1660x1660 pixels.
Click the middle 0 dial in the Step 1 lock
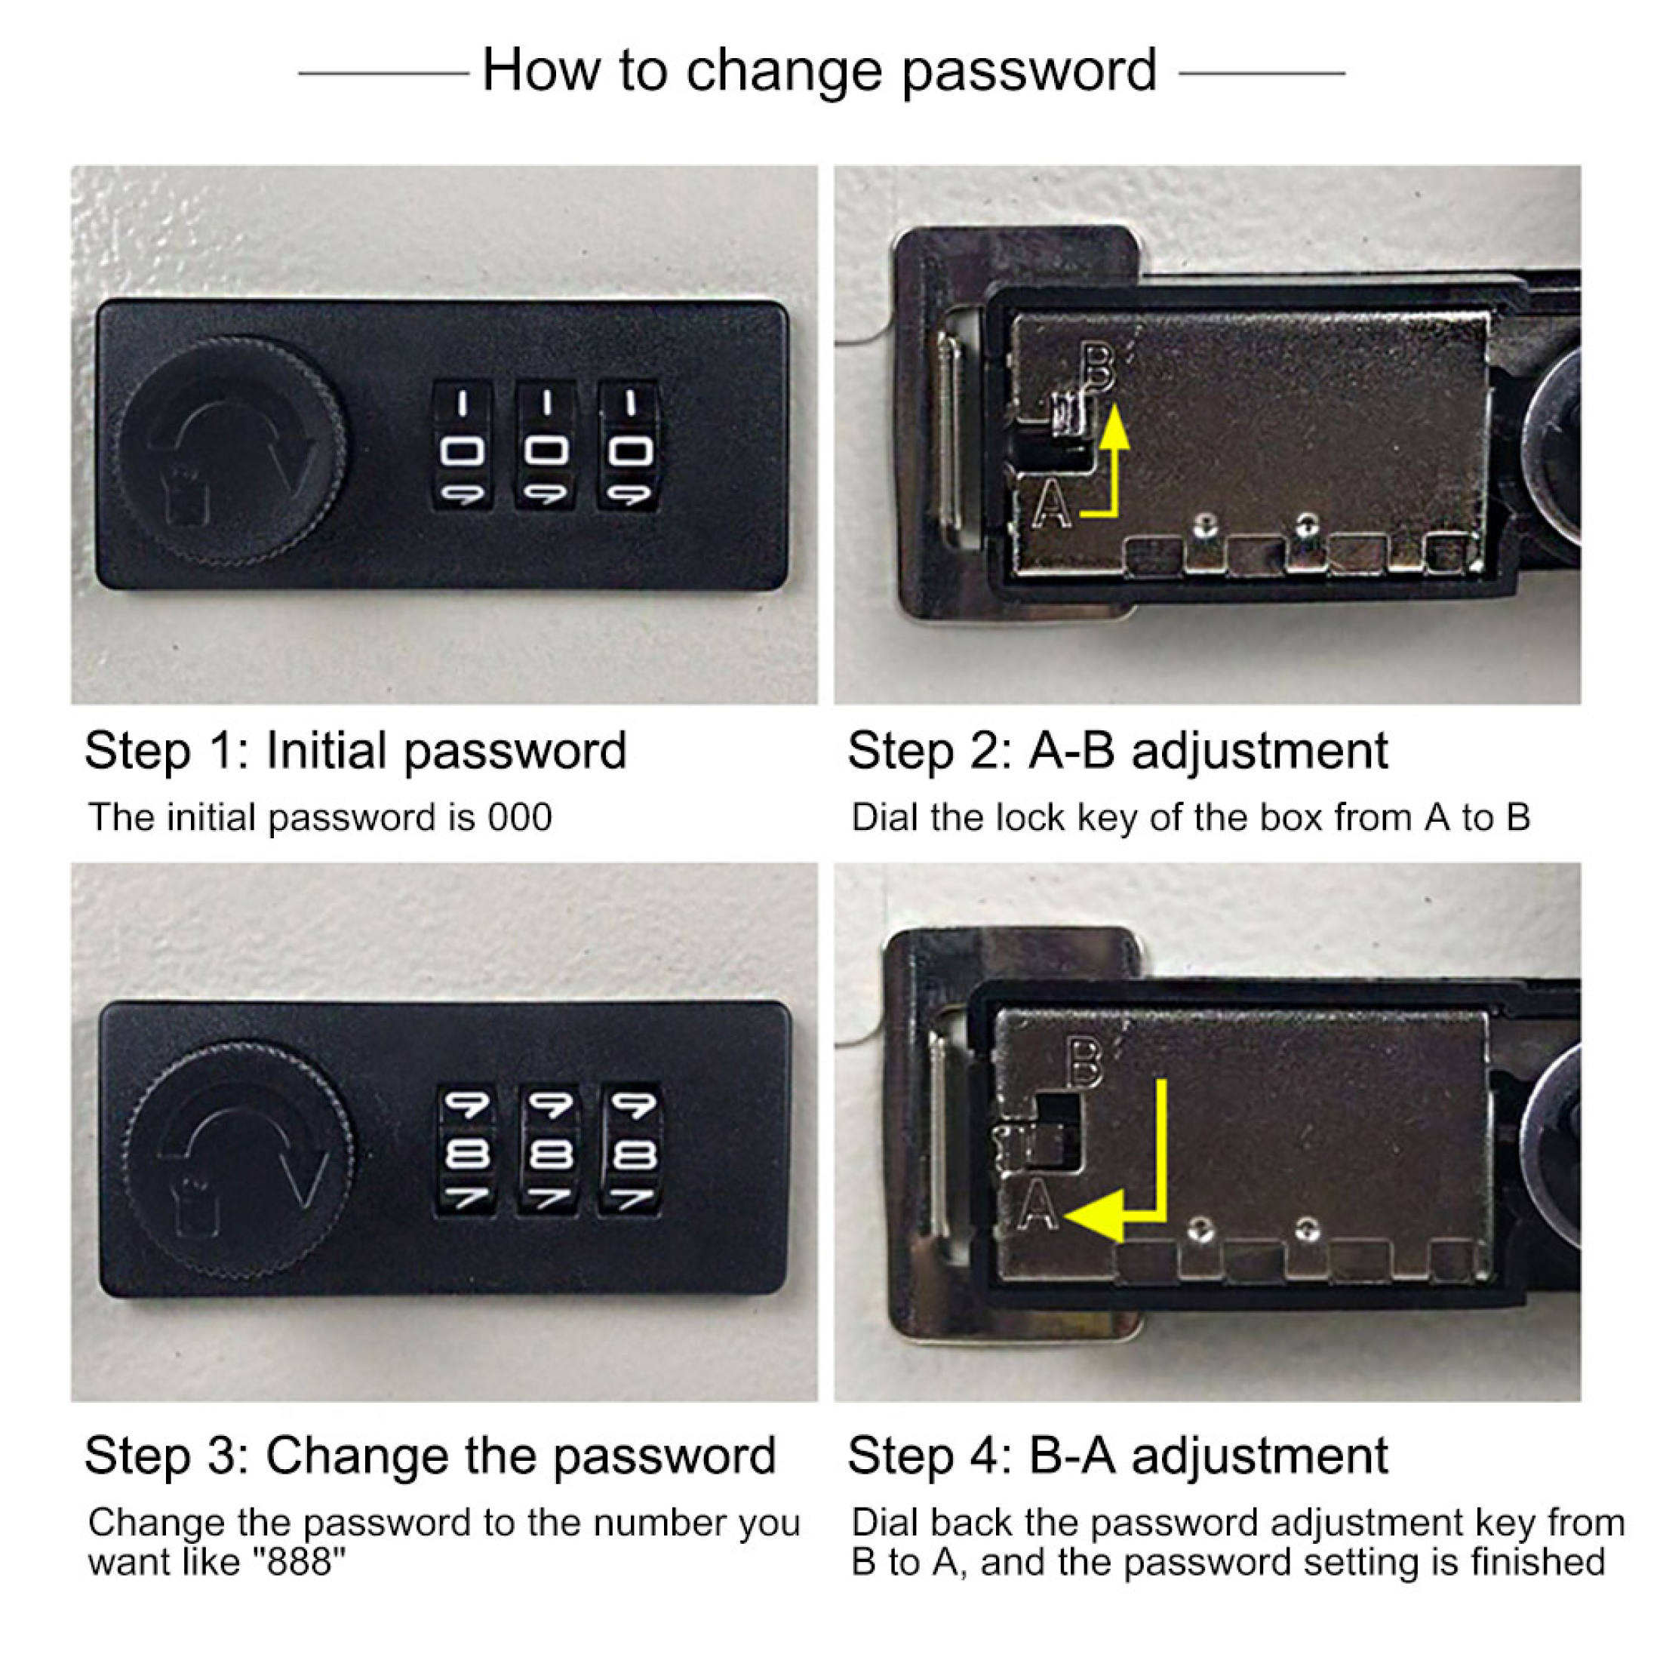[546, 450]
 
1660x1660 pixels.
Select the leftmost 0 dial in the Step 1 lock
[463, 450]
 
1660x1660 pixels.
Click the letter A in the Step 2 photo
[1052, 506]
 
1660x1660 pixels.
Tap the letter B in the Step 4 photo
[1084, 1063]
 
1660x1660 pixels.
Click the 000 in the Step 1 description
[520, 817]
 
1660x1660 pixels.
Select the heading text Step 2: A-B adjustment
[1117, 751]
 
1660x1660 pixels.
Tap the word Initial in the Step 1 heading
[327, 751]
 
